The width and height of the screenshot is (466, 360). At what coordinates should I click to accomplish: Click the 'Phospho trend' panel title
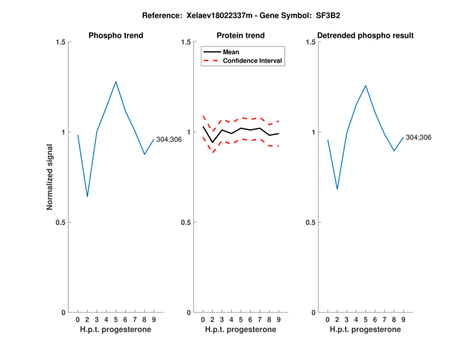[x=116, y=36]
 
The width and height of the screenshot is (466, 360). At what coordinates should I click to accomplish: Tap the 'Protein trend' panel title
[x=241, y=36]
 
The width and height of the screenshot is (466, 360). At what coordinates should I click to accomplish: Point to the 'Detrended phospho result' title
[x=365, y=36]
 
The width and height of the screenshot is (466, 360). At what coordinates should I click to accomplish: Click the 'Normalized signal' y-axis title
[x=50, y=177]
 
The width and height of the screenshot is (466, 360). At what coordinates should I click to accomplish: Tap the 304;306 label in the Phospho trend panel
[x=169, y=139]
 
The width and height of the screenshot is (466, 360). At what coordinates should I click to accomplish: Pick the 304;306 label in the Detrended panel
[x=419, y=137]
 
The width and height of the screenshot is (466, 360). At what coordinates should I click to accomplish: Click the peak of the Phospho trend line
[x=116, y=82]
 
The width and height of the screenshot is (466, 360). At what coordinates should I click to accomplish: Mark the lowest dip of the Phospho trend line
[x=87, y=197]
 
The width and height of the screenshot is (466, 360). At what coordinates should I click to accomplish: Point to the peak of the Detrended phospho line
[x=365, y=86]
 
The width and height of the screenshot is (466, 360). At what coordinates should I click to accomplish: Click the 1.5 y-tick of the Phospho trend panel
[x=59, y=42]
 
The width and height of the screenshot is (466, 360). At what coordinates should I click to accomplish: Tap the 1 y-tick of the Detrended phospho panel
[x=312, y=132]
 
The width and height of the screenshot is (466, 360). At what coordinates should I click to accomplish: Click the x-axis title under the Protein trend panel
[x=241, y=330]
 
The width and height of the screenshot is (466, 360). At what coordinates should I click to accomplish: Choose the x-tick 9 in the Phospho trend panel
[x=154, y=319]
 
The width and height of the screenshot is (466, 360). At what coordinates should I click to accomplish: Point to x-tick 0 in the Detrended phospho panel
[x=327, y=319]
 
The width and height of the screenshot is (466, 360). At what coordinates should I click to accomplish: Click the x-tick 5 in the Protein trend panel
[x=241, y=319]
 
